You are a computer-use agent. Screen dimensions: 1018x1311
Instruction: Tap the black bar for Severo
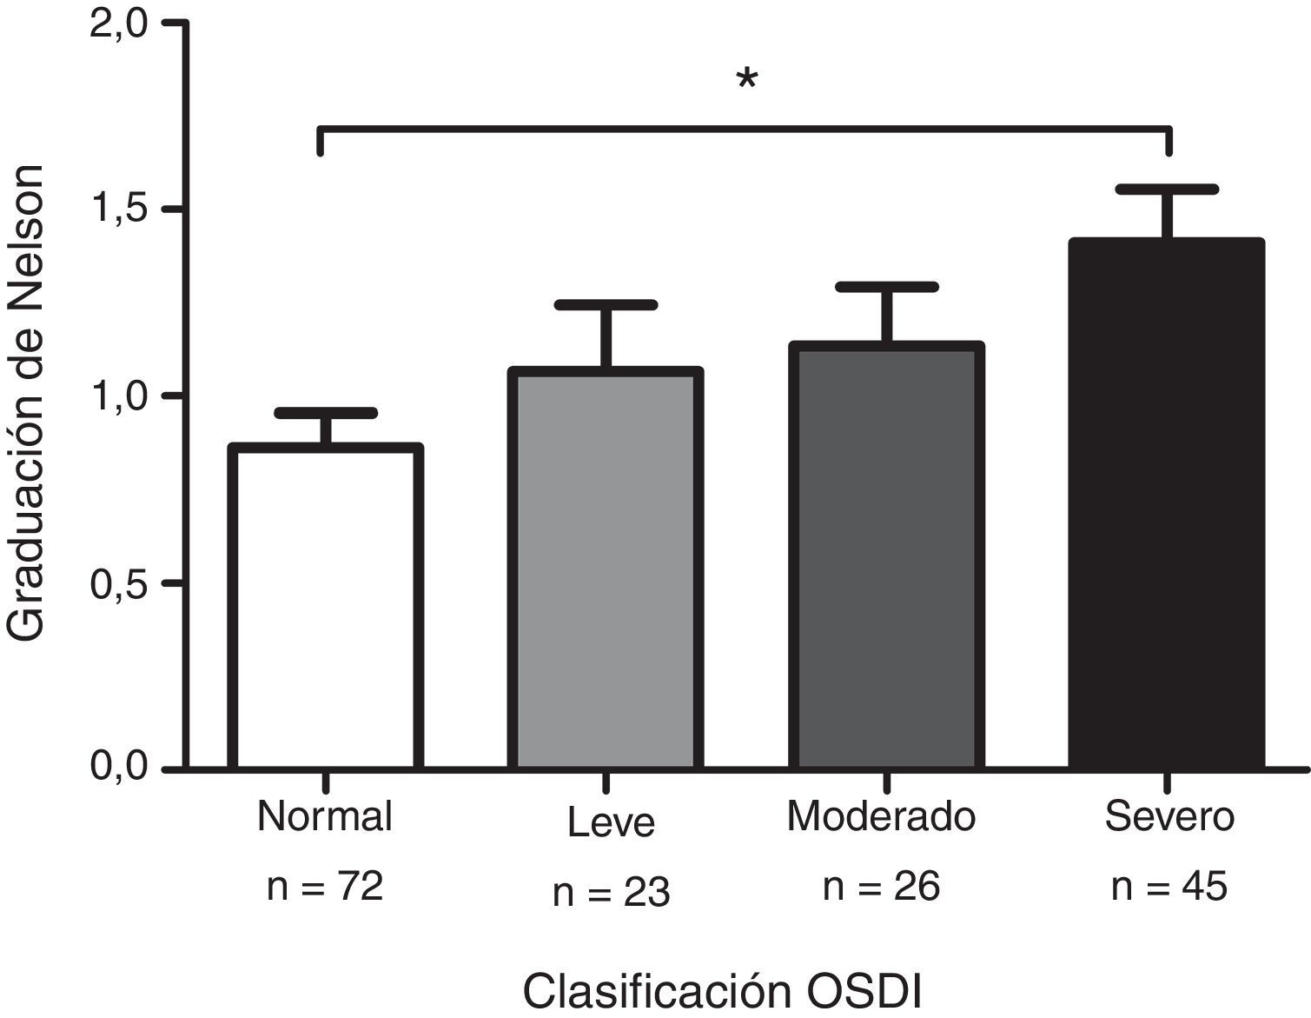[x=1166, y=504]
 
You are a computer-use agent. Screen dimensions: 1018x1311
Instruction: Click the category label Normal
[x=325, y=817]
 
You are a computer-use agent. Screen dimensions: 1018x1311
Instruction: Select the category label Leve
[x=611, y=822]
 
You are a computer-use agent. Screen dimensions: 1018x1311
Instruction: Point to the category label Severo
[x=1169, y=817]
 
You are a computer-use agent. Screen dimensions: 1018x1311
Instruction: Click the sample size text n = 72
[x=325, y=888]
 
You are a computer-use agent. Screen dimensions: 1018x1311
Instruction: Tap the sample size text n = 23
[x=611, y=893]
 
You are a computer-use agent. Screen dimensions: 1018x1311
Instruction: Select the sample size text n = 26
[x=881, y=888]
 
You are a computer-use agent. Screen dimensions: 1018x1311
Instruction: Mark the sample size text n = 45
[x=1169, y=888]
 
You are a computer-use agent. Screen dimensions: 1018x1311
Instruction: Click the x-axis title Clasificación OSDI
[x=722, y=992]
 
